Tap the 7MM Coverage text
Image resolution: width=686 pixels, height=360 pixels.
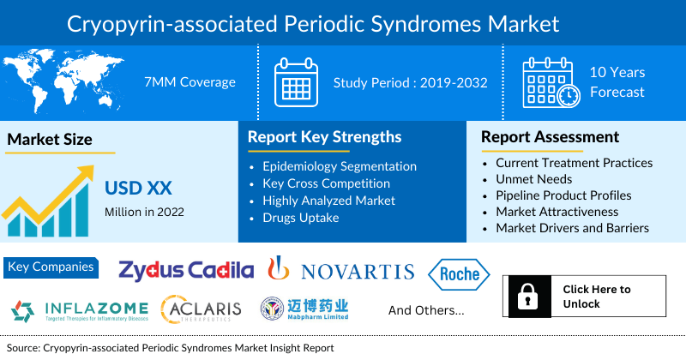pyautogui.click(x=190, y=82)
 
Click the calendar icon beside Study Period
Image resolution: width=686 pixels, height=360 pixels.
pyautogui.click(x=296, y=82)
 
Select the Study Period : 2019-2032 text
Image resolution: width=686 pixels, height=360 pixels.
pyautogui.click(x=410, y=82)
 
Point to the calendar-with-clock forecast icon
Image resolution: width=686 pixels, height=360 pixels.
pyautogui.click(x=550, y=82)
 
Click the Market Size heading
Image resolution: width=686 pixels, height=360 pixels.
pyautogui.click(x=50, y=139)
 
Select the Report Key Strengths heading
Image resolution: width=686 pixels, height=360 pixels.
pyautogui.click(x=324, y=136)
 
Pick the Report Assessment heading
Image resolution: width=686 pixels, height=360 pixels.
pyautogui.click(x=550, y=136)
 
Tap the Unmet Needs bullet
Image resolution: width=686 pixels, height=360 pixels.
pyautogui.click(x=533, y=179)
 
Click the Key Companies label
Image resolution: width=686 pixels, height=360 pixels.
pyautogui.click(x=51, y=267)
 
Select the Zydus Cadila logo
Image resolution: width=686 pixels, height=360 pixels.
pyautogui.click(x=186, y=271)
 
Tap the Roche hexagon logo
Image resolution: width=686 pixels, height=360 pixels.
pyautogui.click(x=458, y=275)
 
